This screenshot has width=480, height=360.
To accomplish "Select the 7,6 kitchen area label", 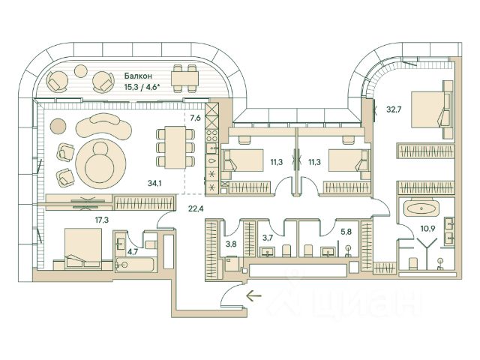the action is point(195,118).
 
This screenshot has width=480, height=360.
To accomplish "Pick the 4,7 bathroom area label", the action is point(133,252).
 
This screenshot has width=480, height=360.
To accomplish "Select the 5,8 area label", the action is point(346,232).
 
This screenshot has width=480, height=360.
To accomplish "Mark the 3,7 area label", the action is point(268,238).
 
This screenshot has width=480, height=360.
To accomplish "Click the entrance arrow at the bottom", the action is point(255,295).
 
